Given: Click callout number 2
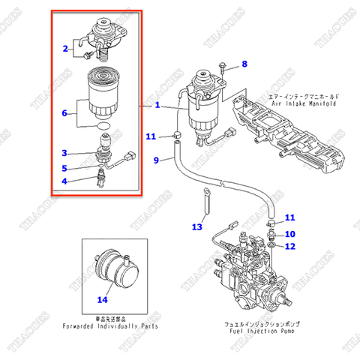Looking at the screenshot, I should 65,49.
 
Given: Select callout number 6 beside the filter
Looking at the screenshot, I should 65,113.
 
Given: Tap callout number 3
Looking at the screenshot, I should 65,153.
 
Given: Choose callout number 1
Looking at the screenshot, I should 158,106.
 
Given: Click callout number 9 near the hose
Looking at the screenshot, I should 156,160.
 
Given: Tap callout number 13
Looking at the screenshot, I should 197,226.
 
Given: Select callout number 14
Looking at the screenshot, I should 102,300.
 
